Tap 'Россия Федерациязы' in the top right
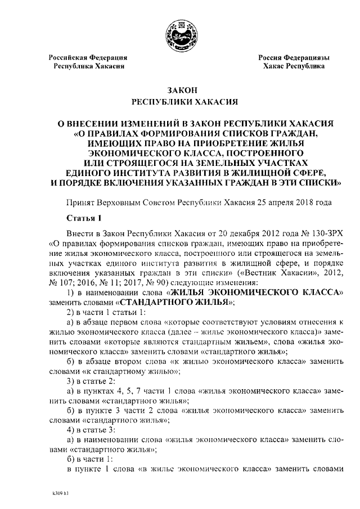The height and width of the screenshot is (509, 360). pyautogui.click(x=294, y=57)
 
